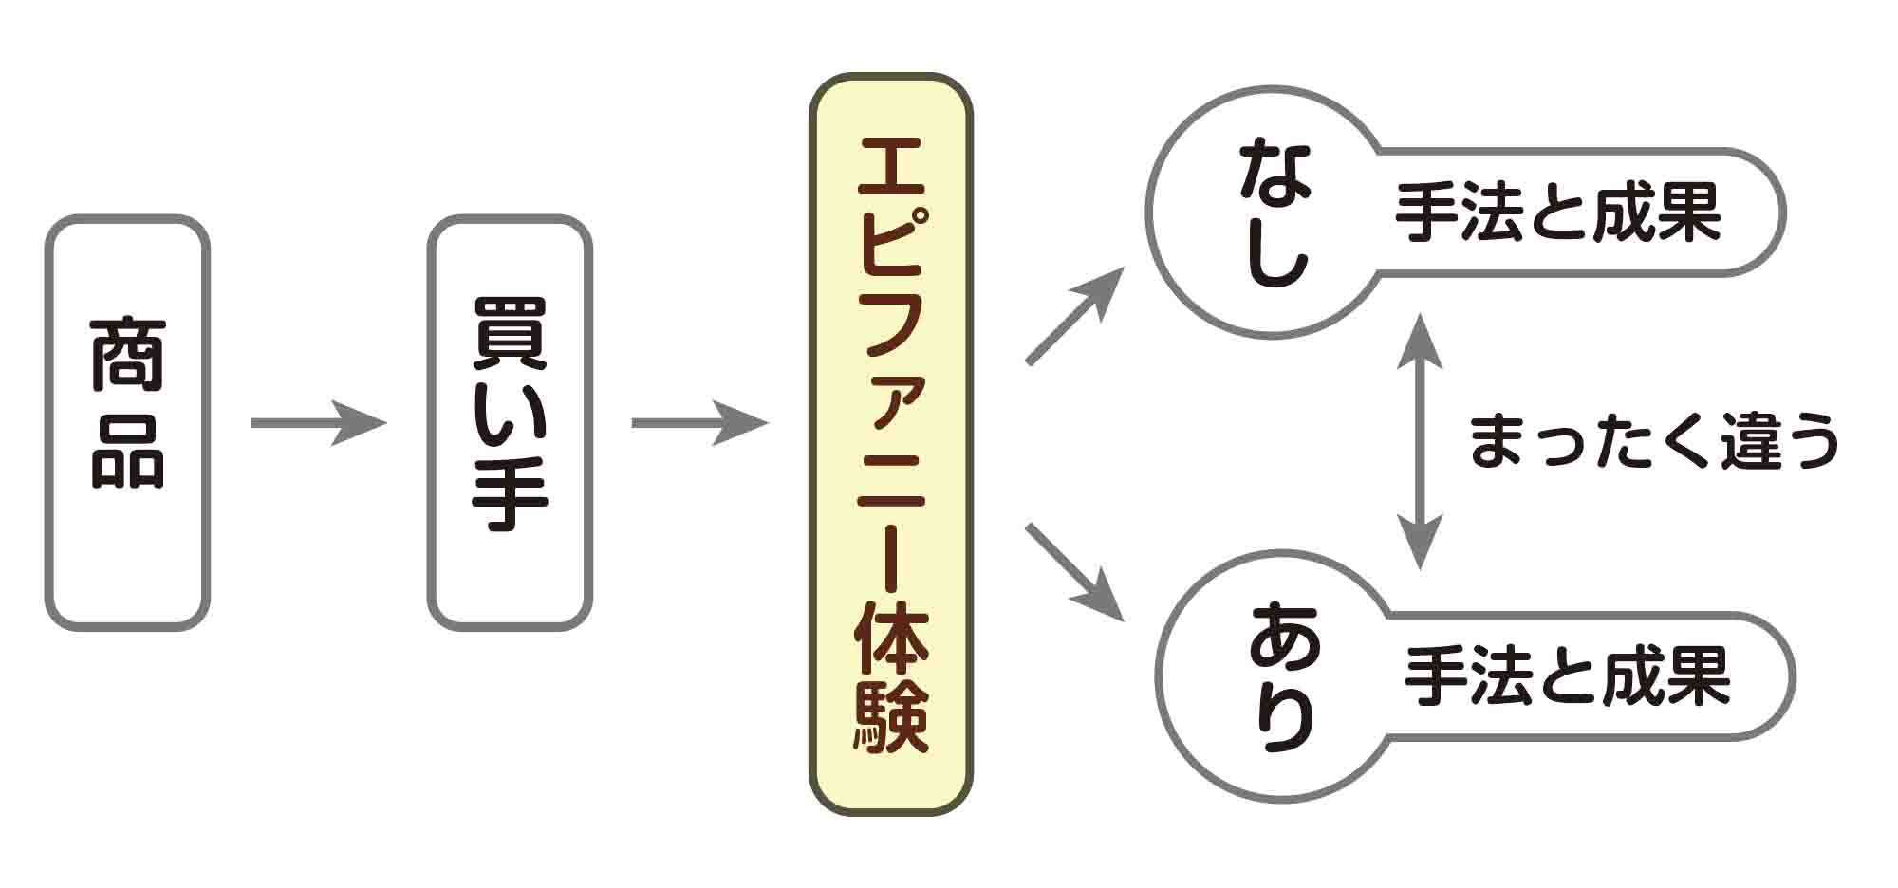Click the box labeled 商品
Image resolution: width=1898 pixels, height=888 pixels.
(127, 422)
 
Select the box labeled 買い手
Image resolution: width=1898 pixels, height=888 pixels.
(510, 422)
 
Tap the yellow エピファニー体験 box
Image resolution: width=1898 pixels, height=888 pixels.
(890, 443)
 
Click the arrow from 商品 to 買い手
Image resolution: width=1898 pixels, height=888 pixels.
(318, 423)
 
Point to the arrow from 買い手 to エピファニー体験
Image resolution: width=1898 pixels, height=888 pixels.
(699, 423)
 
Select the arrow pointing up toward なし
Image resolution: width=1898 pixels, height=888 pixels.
(1074, 316)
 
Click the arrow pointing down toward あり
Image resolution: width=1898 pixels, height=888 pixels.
(1074, 571)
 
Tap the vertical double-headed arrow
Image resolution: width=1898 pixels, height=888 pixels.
(1420, 442)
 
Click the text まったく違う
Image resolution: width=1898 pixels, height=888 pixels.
(1653, 442)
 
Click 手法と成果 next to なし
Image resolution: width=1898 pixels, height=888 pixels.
(1558, 213)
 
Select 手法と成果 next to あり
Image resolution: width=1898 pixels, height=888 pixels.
(1568, 676)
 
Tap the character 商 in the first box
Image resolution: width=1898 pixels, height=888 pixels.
(128, 356)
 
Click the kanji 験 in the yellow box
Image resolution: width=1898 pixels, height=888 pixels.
(890, 718)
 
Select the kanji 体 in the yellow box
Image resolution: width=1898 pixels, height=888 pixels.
(890, 637)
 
